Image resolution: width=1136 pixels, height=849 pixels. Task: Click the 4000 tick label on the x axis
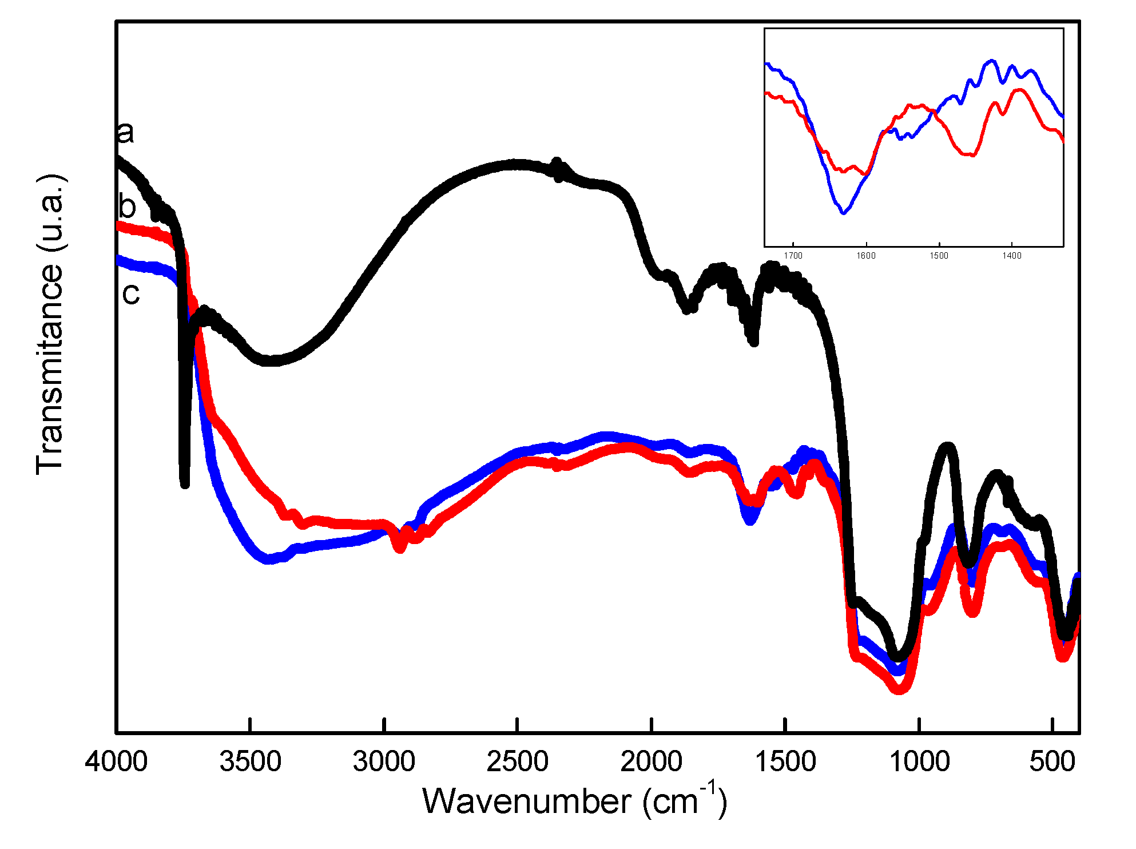pos(116,762)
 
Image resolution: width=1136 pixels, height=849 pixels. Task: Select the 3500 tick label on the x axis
pos(250,762)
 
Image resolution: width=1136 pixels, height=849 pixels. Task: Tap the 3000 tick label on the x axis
pos(384,762)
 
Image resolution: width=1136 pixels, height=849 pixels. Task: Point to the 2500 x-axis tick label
pos(517,762)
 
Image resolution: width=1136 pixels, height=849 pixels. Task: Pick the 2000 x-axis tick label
pos(651,762)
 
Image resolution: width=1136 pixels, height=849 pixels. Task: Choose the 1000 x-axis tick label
pos(919,762)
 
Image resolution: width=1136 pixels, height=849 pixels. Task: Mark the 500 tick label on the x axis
pos(1052,762)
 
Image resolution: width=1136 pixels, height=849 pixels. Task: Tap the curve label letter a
pos(125,132)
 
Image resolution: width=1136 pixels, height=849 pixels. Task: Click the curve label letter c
pos(131,294)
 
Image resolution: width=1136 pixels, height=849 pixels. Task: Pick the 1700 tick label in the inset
pos(793,256)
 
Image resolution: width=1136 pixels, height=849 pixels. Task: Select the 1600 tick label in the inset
pos(866,256)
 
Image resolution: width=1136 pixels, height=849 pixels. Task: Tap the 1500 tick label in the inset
pos(939,256)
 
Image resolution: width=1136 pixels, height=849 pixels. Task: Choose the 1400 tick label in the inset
pos(1011,256)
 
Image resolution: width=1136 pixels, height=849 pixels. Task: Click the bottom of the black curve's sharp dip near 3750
pos(184,484)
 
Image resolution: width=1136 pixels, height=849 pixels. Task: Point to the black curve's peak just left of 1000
pos(947,446)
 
